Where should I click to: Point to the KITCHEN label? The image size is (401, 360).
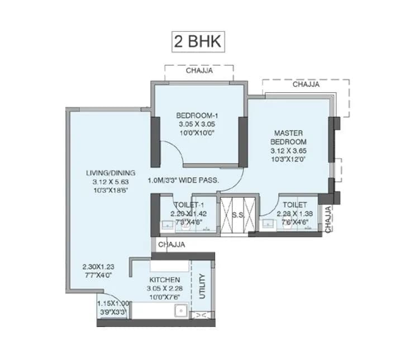[165, 280]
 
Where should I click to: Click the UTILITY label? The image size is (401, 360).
[202, 287]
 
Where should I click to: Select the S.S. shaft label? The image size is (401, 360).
[238, 215]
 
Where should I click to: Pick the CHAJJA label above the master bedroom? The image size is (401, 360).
[306, 84]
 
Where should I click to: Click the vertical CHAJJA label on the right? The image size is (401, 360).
[328, 219]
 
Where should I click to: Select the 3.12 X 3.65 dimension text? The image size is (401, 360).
[288, 151]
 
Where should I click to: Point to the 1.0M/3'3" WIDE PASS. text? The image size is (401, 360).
[183, 181]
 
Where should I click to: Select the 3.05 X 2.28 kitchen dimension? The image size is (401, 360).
[165, 289]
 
